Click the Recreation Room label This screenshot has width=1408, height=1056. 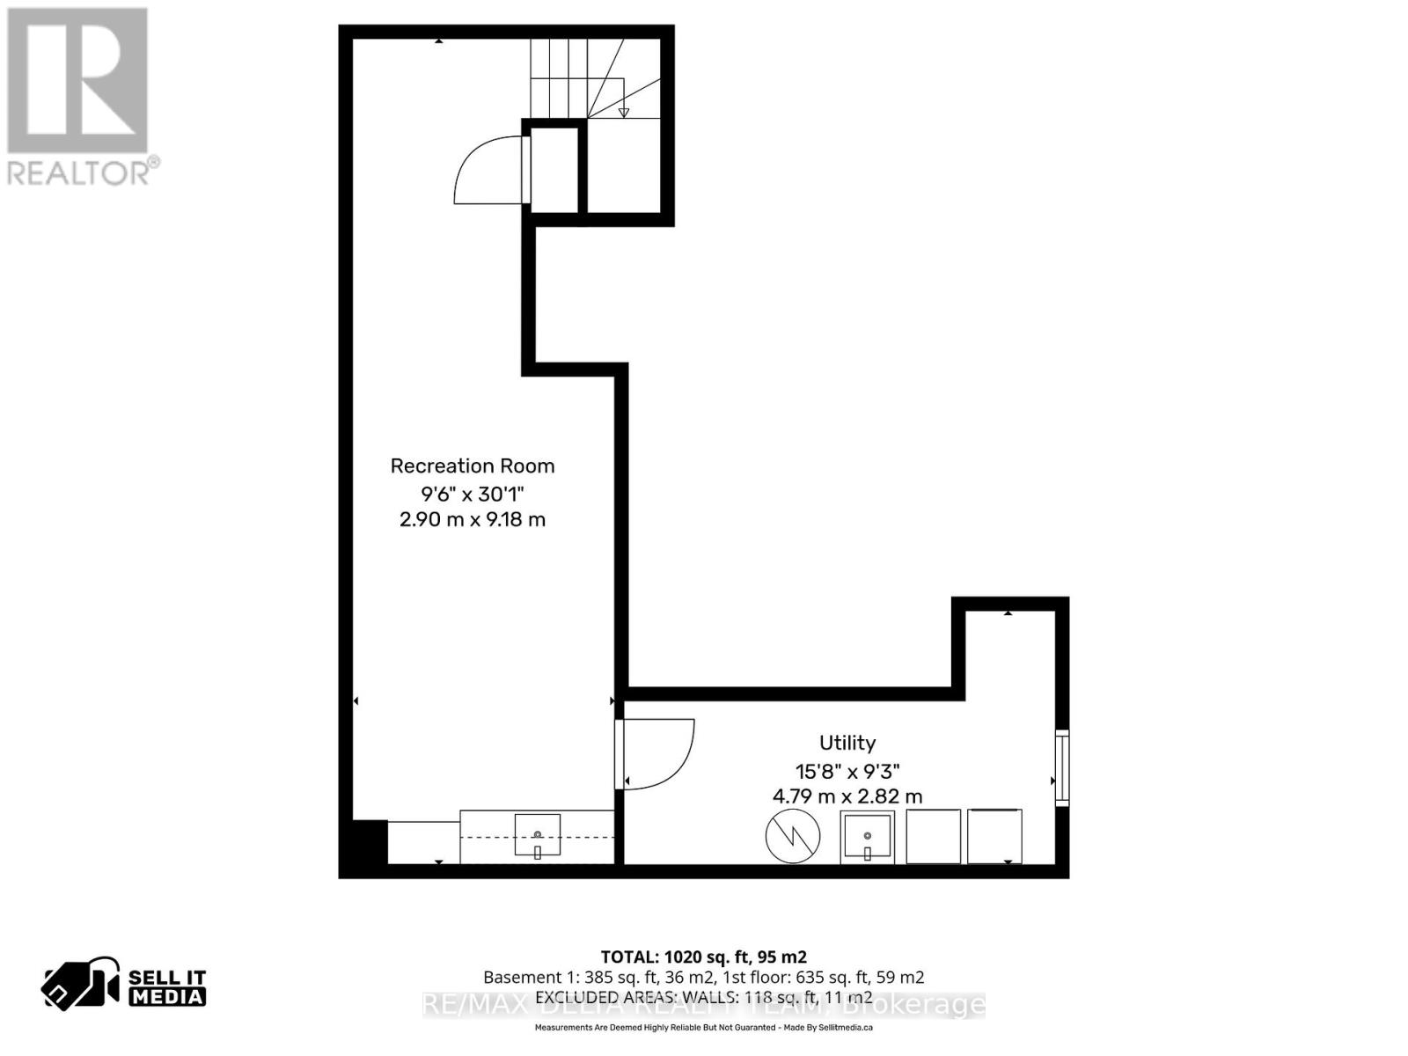[473, 466]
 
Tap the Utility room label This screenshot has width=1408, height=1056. [847, 743]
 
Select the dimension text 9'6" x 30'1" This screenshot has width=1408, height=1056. [473, 493]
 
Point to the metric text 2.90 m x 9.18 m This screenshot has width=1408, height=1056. [473, 519]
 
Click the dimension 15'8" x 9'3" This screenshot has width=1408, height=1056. [847, 771]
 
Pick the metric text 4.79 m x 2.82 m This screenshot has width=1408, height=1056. [847, 796]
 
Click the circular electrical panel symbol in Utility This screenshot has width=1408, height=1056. [793, 836]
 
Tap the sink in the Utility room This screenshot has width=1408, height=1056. [867, 837]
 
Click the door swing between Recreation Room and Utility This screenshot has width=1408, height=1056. [658, 753]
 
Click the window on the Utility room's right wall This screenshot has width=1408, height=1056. [1062, 767]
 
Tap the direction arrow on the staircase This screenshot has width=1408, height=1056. [624, 112]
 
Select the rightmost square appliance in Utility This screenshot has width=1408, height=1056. [994, 837]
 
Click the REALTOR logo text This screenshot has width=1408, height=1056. [84, 171]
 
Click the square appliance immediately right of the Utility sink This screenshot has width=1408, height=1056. [933, 837]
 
